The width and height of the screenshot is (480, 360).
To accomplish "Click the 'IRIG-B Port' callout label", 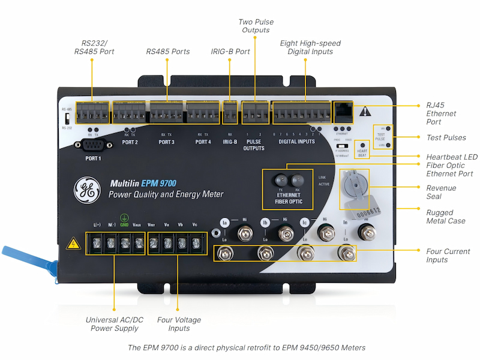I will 230,52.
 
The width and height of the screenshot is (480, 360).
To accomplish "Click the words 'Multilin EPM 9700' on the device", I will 143,183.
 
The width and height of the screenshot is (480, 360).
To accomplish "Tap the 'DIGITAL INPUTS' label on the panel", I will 296,142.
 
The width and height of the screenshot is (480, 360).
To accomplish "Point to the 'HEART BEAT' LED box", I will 362,148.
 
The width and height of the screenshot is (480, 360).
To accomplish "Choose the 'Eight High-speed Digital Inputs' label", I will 310,47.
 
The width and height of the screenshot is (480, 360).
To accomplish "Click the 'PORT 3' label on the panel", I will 166,142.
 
